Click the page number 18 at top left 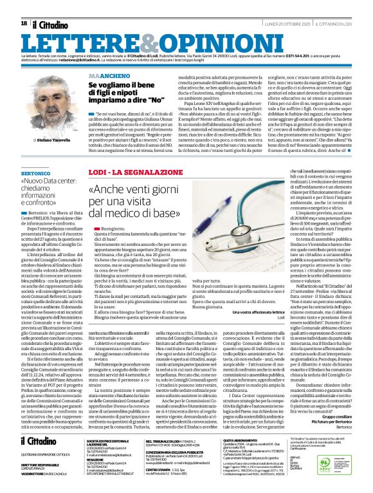[x=24, y=23]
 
